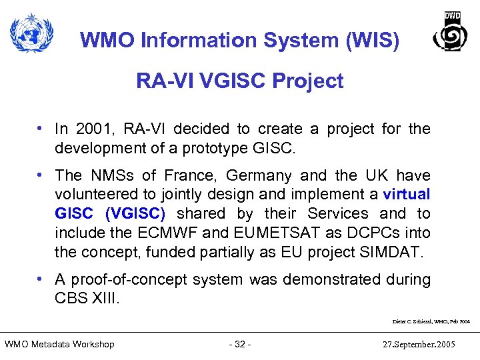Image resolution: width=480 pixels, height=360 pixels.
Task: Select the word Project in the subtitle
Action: pyautogui.click(x=309, y=81)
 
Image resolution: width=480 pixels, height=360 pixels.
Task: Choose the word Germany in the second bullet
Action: pyautogui.click(x=259, y=175)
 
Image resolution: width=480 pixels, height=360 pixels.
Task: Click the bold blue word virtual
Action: pyautogui.click(x=407, y=195)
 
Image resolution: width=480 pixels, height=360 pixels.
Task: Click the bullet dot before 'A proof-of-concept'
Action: pyautogui.click(x=41, y=279)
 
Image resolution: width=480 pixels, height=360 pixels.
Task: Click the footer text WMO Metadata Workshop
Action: pyautogui.click(x=59, y=344)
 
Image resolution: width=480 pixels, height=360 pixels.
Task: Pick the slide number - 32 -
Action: pyautogui.click(x=239, y=344)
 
